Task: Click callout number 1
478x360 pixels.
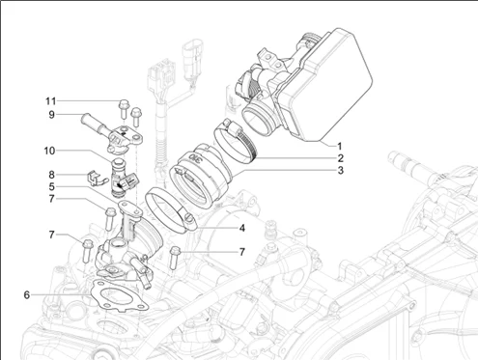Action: (x=339, y=147)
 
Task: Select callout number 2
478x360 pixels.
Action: (x=341, y=158)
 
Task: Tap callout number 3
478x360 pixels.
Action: (x=341, y=170)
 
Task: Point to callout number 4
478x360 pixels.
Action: (x=242, y=228)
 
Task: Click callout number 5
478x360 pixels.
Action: (x=52, y=186)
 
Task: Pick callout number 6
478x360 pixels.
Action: (x=27, y=294)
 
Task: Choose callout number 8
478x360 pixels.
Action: (x=51, y=175)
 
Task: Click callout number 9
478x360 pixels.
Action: (x=51, y=115)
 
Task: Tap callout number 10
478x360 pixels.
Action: (x=49, y=151)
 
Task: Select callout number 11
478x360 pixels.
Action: (x=50, y=101)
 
